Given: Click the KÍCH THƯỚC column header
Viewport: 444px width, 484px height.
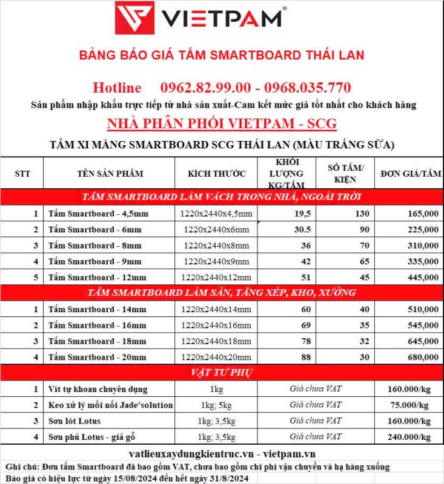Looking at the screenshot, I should point(217,174).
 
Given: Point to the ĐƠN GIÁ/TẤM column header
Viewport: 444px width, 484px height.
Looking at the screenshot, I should point(410,174).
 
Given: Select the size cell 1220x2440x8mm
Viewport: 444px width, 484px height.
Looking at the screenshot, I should point(216,246).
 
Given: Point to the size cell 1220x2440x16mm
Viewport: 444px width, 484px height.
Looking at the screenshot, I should point(216,325).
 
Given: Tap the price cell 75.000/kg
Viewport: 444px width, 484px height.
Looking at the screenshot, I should point(409,405).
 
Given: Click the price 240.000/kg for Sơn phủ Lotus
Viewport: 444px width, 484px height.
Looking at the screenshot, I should point(409,436).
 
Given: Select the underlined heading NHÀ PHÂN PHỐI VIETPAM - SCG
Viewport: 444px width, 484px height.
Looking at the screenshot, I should point(222,124).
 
